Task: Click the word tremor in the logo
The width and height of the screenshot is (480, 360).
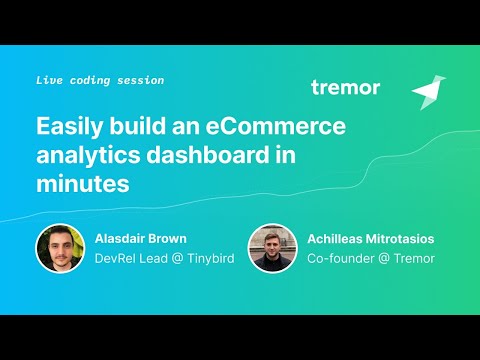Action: pos(345,88)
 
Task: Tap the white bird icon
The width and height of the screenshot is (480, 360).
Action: pos(428,92)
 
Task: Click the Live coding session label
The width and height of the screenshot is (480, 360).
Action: pos(99,79)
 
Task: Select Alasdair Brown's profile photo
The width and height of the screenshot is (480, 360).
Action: pos(59,248)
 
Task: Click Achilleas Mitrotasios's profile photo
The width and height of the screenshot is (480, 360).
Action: pos(273,248)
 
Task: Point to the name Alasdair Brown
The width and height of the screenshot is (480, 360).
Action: pos(140,238)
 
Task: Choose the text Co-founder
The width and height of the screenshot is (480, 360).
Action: pos(337,259)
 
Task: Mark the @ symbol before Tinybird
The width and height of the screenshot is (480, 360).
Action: pos(173,259)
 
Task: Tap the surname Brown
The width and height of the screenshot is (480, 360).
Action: pos(166,238)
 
